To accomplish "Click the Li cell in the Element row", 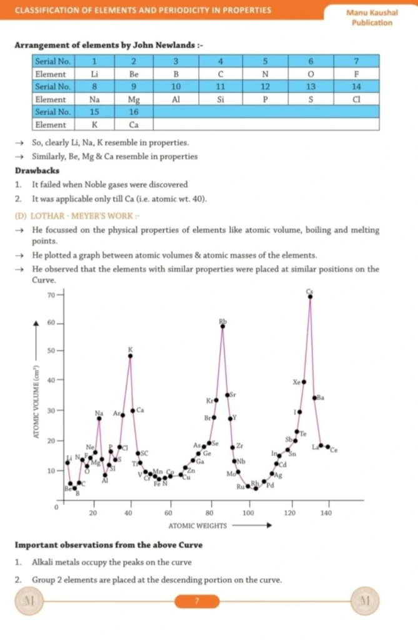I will click(x=94, y=74).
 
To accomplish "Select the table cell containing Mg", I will click(x=134, y=99).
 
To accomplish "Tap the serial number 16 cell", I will click(x=134, y=112).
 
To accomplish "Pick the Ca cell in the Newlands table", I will click(x=134, y=124).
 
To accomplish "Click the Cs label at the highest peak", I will click(x=310, y=291).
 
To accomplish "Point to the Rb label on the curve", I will click(x=223, y=321).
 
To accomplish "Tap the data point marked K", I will click(x=131, y=356).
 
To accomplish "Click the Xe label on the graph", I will click(x=297, y=382).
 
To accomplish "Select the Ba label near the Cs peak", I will click(x=321, y=397).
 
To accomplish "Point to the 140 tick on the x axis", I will click(x=326, y=512).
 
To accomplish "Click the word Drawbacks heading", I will click(x=37, y=171).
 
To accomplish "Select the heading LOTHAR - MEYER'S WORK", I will click(x=74, y=216).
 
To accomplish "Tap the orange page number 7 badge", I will click(x=197, y=601).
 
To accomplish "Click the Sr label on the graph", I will click(x=233, y=395).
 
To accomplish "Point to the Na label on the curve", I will click(x=99, y=413).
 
